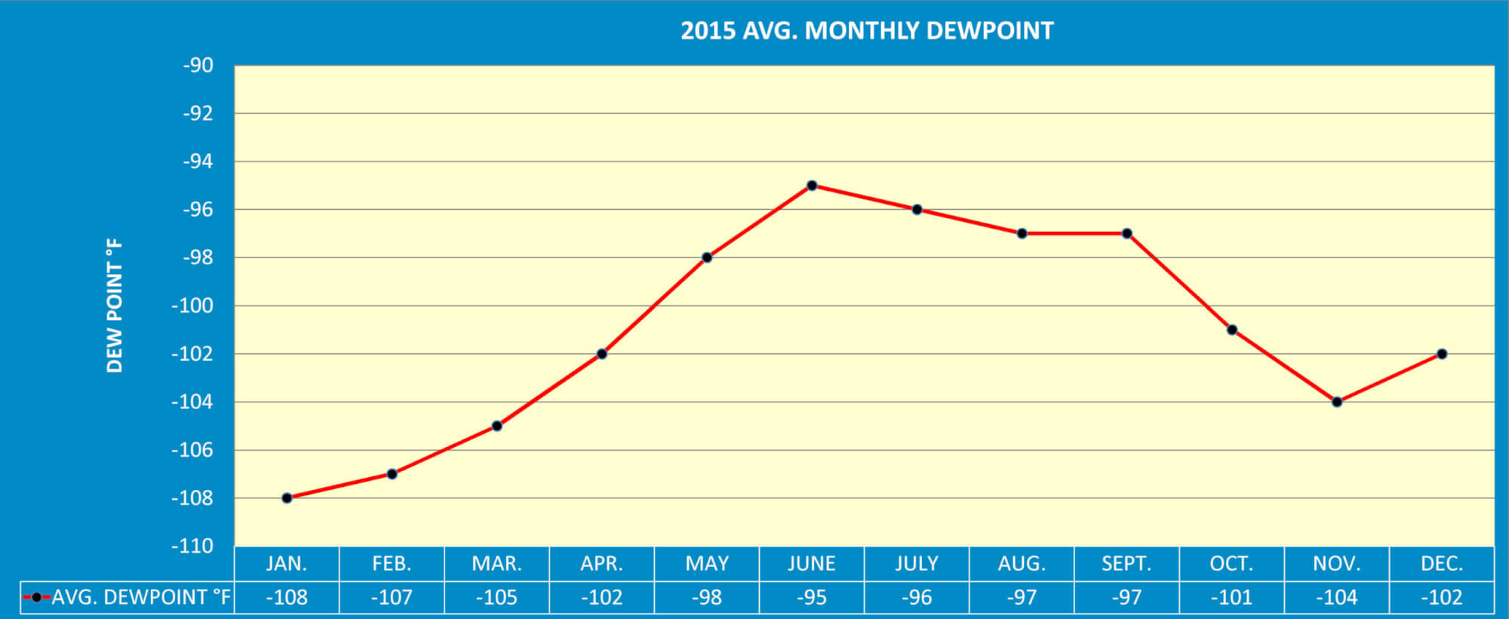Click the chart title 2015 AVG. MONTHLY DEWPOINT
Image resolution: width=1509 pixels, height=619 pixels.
(x=867, y=31)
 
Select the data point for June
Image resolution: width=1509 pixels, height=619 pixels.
(x=812, y=186)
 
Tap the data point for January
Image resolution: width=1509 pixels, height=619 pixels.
(x=287, y=498)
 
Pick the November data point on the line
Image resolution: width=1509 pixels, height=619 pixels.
(x=1337, y=402)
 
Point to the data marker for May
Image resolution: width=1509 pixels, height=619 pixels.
(x=707, y=257)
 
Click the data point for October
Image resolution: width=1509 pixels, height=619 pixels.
(x=1232, y=330)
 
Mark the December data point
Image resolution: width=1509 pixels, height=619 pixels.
(x=1442, y=354)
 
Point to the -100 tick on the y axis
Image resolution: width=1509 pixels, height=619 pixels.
(x=192, y=306)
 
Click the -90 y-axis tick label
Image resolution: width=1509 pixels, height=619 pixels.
(x=198, y=66)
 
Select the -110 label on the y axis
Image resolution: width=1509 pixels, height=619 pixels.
(x=192, y=546)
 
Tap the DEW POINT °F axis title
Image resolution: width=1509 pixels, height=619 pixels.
(x=114, y=306)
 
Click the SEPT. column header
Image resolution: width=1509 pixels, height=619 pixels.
(x=1126, y=564)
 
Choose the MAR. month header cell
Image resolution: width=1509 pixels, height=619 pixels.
(x=496, y=564)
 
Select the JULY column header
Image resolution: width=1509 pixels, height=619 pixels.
(x=917, y=564)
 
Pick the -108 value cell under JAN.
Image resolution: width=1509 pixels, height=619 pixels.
(x=287, y=598)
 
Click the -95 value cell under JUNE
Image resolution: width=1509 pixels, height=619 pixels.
(x=812, y=598)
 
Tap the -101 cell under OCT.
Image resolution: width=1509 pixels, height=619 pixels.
(x=1231, y=598)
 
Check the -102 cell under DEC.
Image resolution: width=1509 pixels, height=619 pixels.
(x=1442, y=598)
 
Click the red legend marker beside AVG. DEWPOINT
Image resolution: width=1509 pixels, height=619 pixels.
(x=35, y=598)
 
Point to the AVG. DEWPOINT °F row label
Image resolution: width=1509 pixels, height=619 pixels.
(x=140, y=597)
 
